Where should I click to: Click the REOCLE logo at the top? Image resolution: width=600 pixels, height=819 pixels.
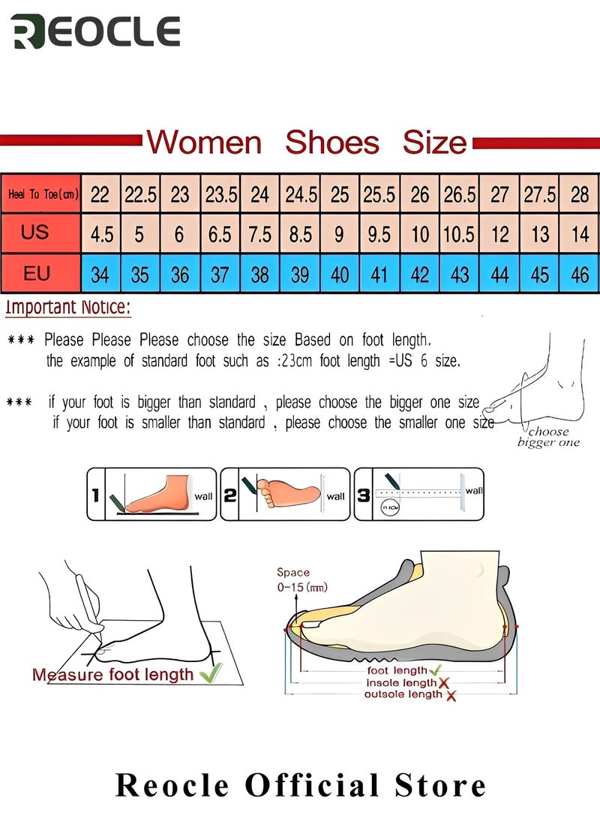pyautogui.click(x=96, y=32)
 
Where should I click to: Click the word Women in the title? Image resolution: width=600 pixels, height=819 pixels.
pyautogui.click(x=204, y=142)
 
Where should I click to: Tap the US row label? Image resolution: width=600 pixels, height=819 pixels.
pyautogui.click(x=34, y=233)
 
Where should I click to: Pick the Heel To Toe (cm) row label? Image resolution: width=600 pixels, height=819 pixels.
pyautogui.click(x=43, y=194)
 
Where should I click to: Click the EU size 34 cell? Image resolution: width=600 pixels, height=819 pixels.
pyautogui.click(x=100, y=274)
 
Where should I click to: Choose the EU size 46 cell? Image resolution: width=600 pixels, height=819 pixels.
pyautogui.click(x=580, y=274)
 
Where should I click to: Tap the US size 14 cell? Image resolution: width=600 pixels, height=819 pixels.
pyautogui.click(x=580, y=234)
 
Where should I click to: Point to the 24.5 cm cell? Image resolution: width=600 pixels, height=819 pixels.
pyautogui.click(x=300, y=194)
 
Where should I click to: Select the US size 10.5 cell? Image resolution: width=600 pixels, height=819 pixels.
pyautogui.click(x=460, y=234)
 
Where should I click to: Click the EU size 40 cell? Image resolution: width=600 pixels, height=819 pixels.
pyautogui.click(x=340, y=274)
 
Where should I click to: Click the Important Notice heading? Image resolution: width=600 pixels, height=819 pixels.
pyautogui.click(x=67, y=307)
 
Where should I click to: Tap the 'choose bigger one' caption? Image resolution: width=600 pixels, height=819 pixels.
pyautogui.click(x=548, y=437)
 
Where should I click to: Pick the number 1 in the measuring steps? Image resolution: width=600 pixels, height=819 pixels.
pyautogui.click(x=95, y=494)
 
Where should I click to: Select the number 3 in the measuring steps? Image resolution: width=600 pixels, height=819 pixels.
pyautogui.click(x=363, y=494)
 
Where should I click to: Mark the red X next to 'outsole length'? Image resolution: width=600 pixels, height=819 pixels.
pyautogui.click(x=451, y=696)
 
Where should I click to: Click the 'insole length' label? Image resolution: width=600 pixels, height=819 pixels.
pyautogui.click(x=400, y=683)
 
